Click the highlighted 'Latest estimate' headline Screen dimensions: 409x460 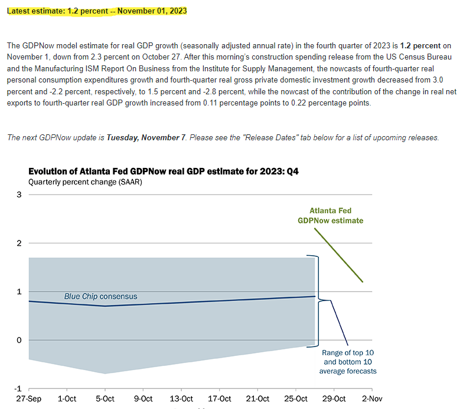97,11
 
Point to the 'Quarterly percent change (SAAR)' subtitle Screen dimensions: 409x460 85,182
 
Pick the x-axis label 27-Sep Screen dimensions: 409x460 28,399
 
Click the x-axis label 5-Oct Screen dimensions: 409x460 105,399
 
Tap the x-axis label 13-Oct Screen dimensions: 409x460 181,399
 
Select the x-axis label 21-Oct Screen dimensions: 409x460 257,399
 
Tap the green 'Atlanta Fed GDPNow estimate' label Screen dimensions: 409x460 330,216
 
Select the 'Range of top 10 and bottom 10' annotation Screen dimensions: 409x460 348,361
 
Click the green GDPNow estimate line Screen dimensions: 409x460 338,255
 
